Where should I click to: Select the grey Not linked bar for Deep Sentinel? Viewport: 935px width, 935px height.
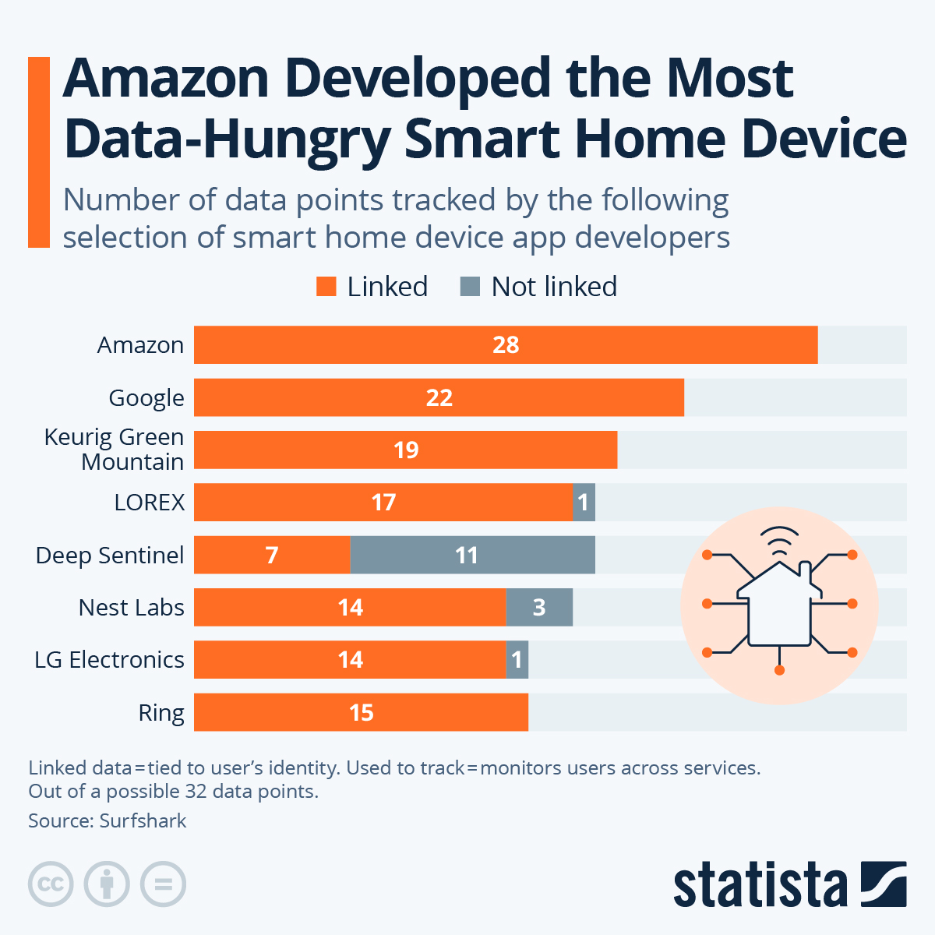click(472, 555)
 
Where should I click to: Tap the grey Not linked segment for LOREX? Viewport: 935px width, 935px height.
click(584, 503)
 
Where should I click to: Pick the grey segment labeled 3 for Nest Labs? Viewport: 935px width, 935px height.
click(539, 608)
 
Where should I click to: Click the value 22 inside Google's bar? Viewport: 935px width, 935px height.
click(439, 398)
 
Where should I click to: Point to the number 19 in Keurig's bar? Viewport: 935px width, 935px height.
click(406, 450)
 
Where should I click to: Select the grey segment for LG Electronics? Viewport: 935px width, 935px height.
click(517, 660)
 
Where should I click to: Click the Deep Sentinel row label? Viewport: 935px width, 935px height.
click(110, 556)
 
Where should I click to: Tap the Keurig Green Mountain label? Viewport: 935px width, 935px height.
click(115, 450)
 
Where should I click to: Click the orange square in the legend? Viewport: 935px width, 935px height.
click(326, 287)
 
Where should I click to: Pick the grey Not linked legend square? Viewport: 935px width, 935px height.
click(470, 287)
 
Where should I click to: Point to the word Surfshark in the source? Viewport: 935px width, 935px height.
click(143, 820)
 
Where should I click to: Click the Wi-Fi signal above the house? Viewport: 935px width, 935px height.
click(779, 540)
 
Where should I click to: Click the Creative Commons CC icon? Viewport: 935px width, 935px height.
click(51, 884)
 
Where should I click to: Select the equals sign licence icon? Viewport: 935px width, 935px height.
click(163, 884)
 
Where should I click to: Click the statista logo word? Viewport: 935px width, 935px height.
click(760, 885)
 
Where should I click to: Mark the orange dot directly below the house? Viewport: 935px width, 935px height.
click(779, 669)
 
